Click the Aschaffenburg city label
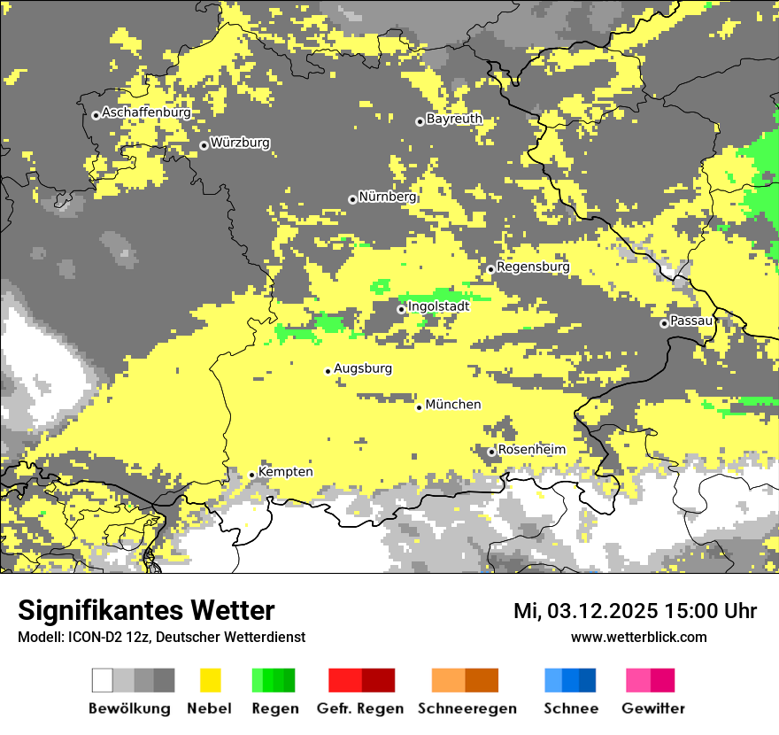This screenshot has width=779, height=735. click(146, 113)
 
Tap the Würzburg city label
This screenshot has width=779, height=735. click(240, 143)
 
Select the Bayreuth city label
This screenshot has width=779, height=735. click(454, 119)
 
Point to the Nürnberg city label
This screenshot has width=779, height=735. click(387, 197)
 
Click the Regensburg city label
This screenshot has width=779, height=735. click(533, 267)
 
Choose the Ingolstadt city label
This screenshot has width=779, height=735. click(438, 306)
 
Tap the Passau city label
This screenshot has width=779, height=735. click(691, 321)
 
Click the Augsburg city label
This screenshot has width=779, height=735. click(363, 368)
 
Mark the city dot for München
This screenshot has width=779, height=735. click(420, 407)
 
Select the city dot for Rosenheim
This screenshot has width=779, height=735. click(492, 452)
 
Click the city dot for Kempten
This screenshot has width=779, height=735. click(252, 475)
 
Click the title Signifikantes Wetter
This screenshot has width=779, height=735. click(146, 610)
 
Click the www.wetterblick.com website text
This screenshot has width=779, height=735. click(638, 637)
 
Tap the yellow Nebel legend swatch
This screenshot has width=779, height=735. click(210, 680)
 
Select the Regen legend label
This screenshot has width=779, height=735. click(274, 708)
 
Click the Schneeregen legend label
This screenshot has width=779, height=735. click(467, 708)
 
